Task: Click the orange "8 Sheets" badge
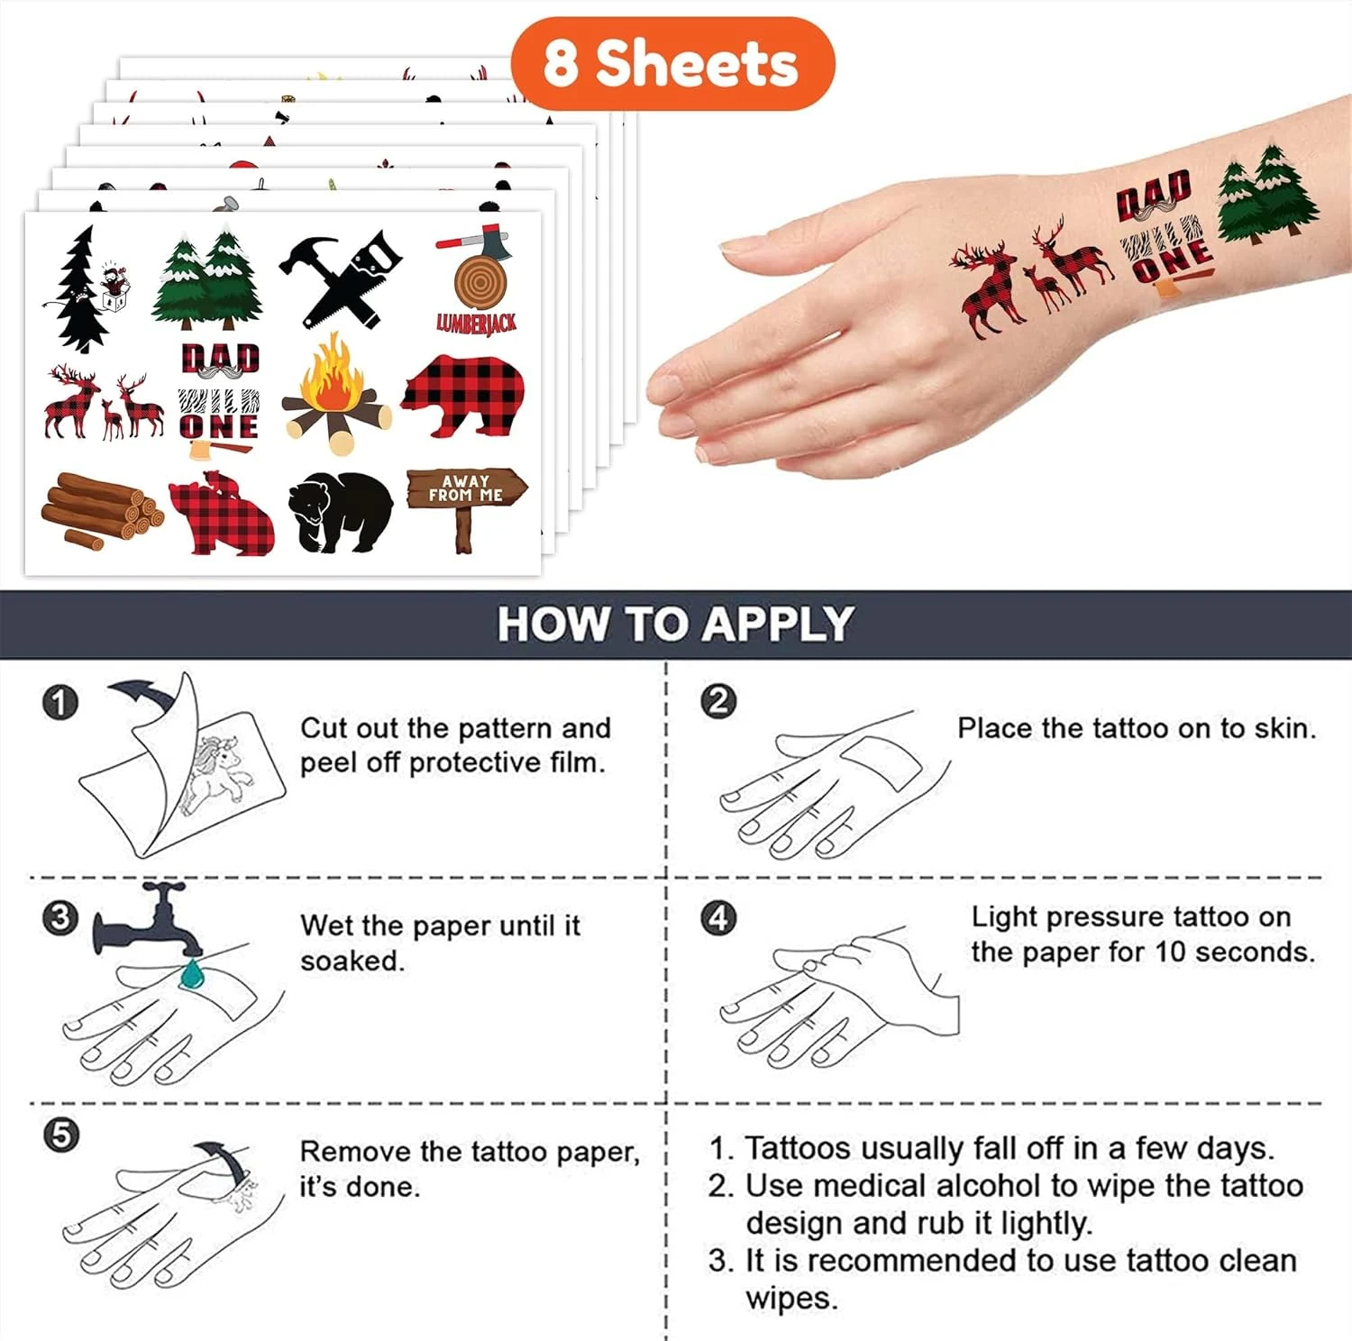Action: point(672,63)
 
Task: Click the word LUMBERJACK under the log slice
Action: point(477,323)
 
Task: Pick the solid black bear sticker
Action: point(340,512)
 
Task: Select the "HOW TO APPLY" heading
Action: point(675,624)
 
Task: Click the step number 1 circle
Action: point(60,702)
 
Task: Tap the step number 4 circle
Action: point(718,917)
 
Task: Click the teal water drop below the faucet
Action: point(192,973)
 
